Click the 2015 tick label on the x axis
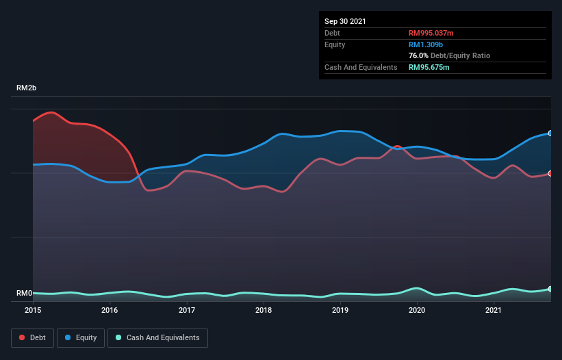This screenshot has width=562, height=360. [x=33, y=310]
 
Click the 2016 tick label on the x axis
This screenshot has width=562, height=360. [x=110, y=310]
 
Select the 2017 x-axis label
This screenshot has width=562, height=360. [x=187, y=310]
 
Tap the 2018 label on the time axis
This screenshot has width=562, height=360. [x=264, y=310]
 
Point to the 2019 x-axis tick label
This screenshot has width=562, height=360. [x=340, y=310]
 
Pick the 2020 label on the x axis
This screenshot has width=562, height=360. [x=417, y=310]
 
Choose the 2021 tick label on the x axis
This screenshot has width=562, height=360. [x=494, y=310]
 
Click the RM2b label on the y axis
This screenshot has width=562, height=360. [x=27, y=88]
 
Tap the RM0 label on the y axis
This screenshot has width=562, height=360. [x=24, y=294]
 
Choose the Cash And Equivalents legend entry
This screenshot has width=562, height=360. [x=157, y=337]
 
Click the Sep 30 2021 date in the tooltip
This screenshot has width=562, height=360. [x=345, y=21]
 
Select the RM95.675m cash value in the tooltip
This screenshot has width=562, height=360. [x=429, y=67]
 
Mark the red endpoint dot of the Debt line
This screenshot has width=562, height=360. [x=550, y=173]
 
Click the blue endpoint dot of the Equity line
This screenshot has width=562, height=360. [x=550, y=133]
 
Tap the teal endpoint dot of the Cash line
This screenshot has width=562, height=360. [x=550, y=289]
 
